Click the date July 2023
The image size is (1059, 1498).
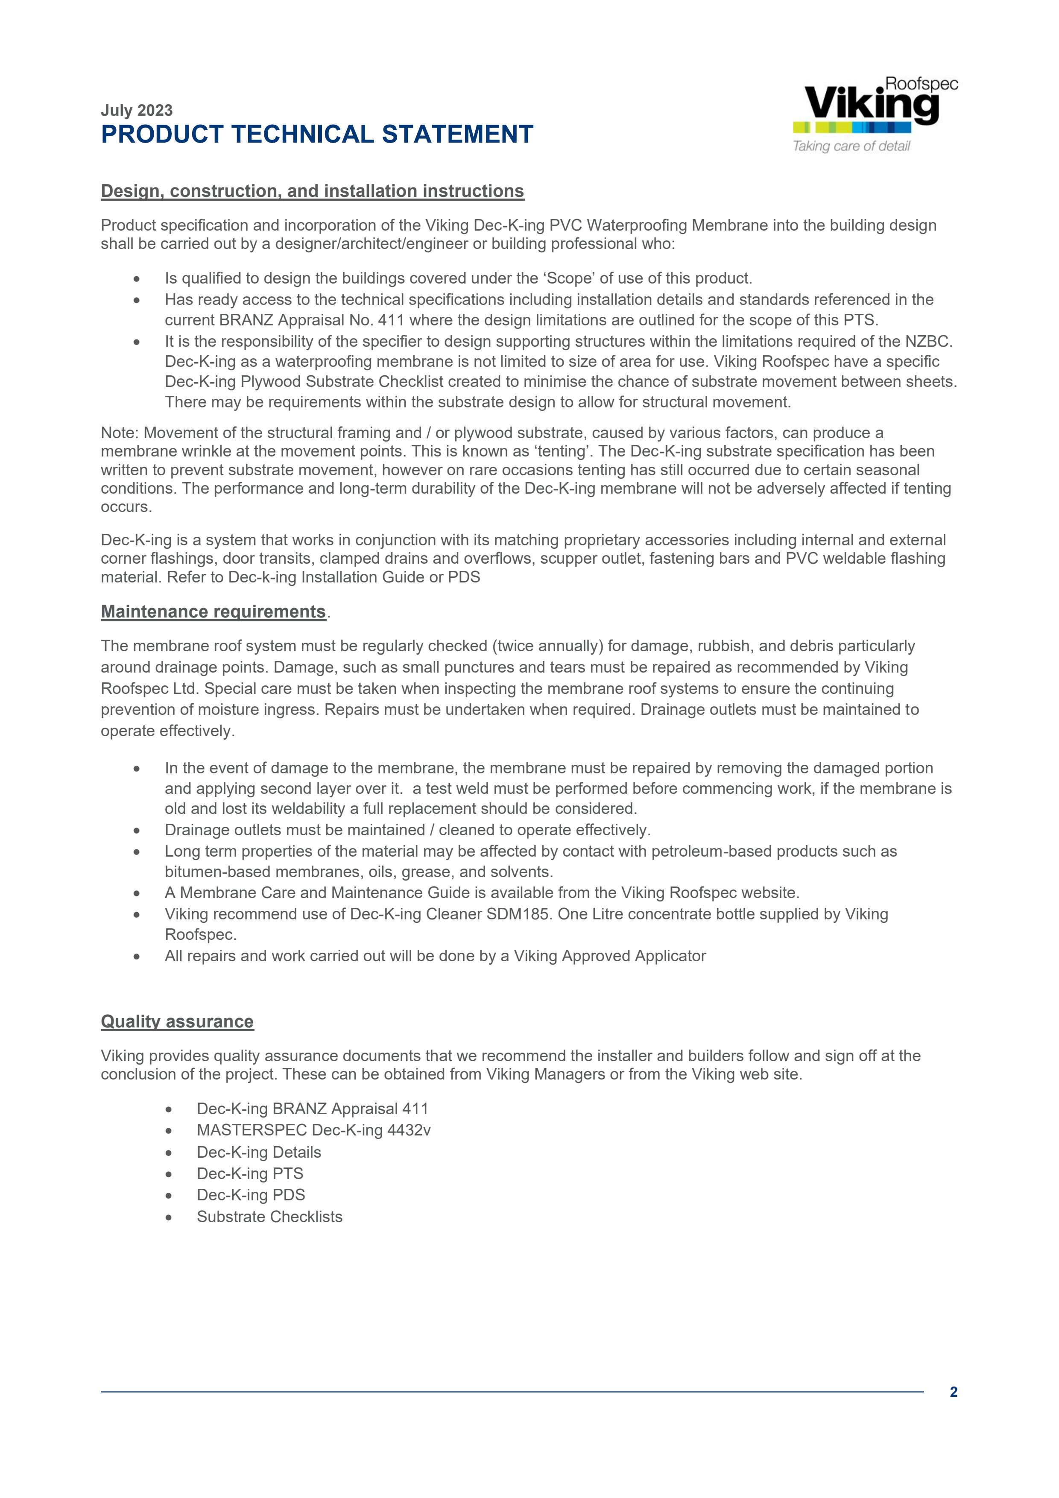(x=136, y=110)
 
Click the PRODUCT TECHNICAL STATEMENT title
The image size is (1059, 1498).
(x=317, y=135)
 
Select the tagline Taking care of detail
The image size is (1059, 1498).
(x=851, y=146)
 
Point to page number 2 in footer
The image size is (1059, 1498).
(x=953, y=1392)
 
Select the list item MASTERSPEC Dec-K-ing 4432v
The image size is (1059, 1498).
(x=313, y=1130)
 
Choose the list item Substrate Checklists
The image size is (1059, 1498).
(x=269, y=1217)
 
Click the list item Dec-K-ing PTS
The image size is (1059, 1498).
(x=250, y=1174)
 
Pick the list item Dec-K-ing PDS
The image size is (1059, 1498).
(x=251, y=1195)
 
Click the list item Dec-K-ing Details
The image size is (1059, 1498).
(x=259, y=1152)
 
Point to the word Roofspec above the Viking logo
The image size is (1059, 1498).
(x=922, y=84)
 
